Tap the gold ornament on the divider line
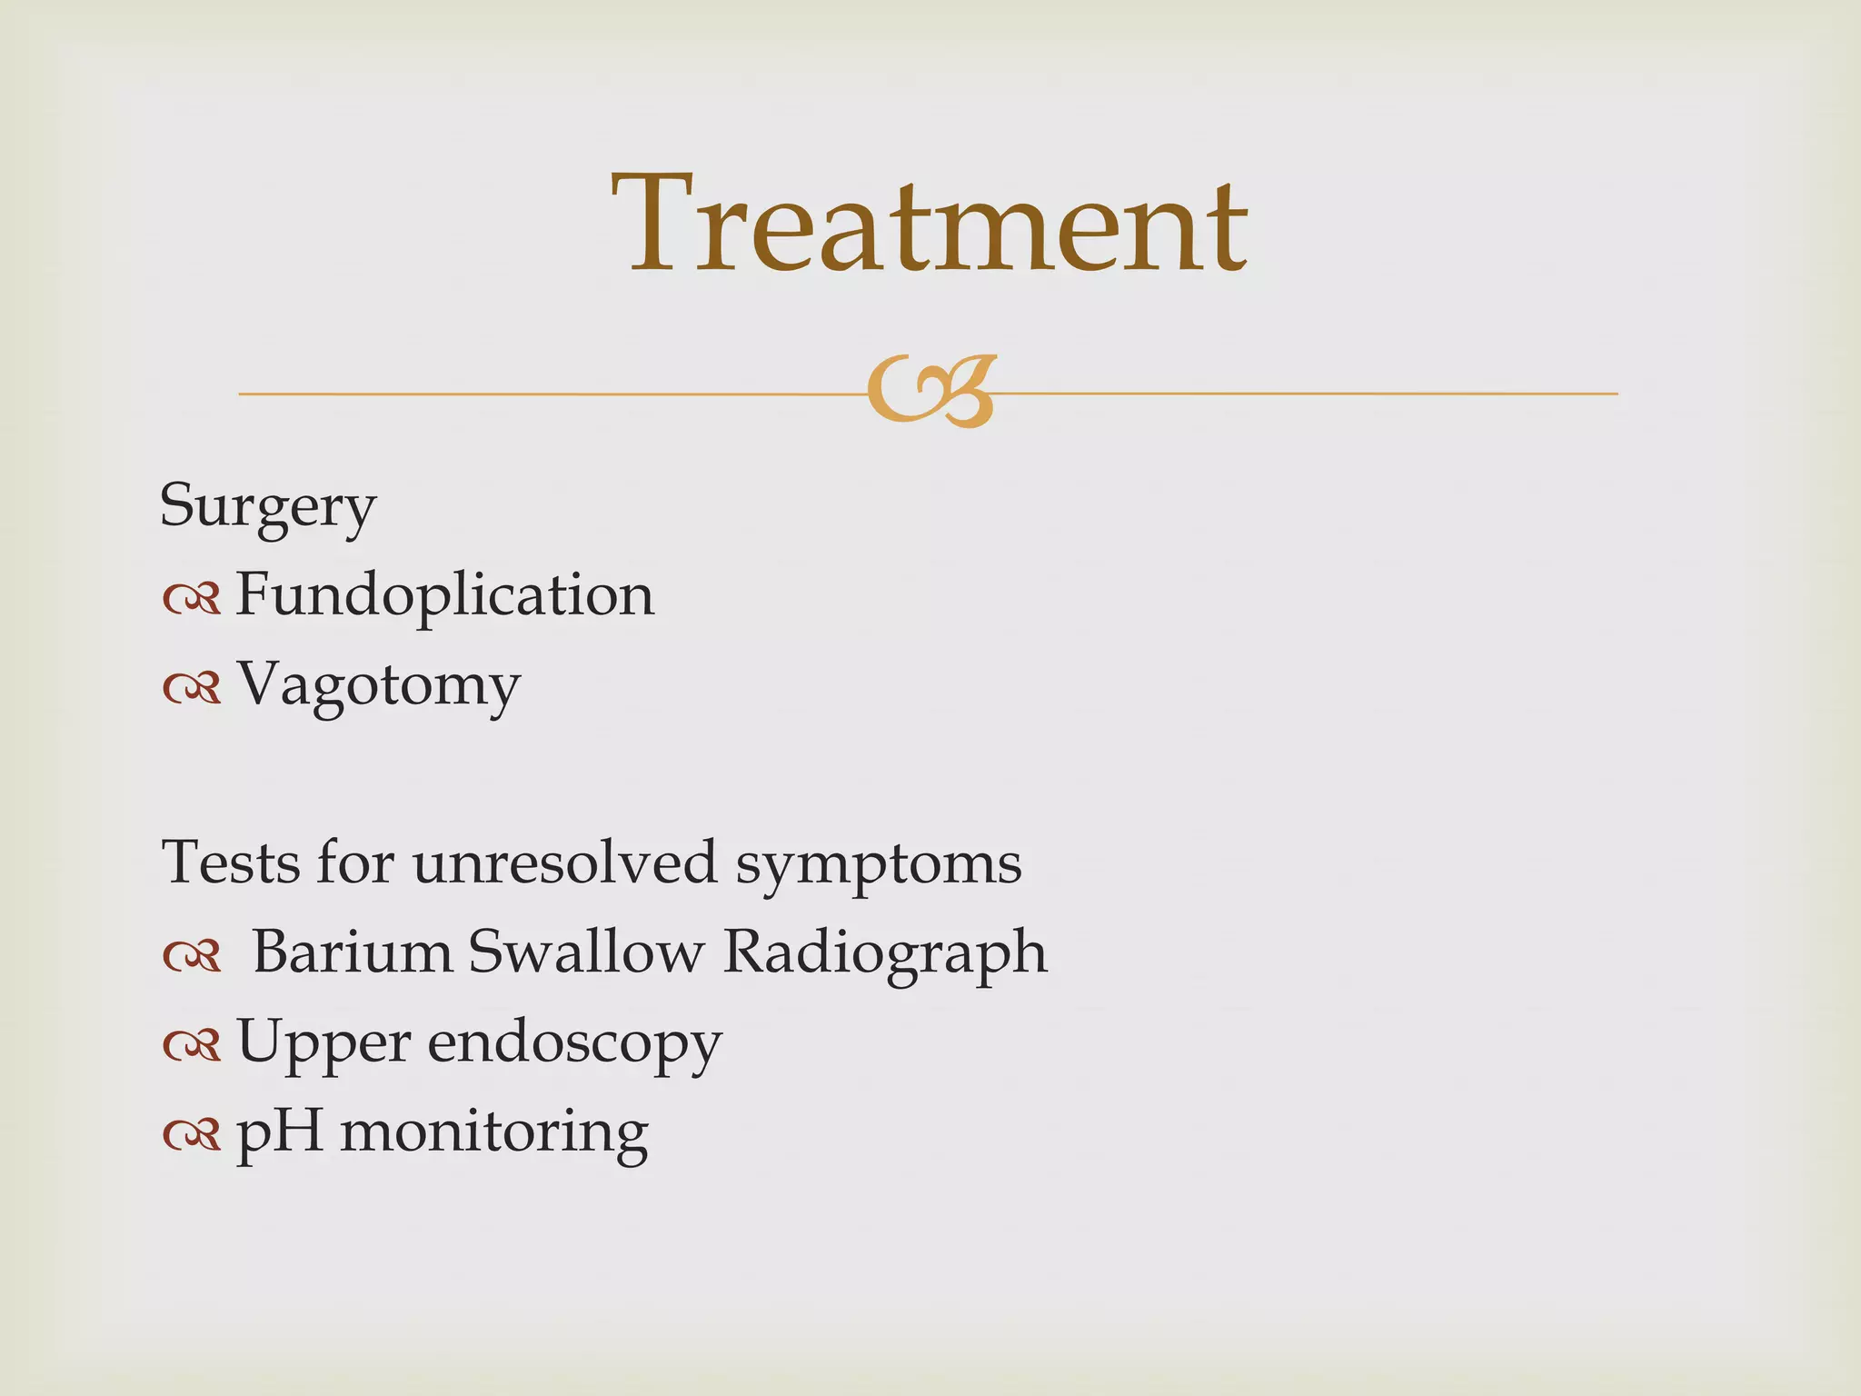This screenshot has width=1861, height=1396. click(x=930, y=391)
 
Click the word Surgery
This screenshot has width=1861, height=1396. click(x=267, y=506)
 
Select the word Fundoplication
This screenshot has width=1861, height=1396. click(x=444, y=595)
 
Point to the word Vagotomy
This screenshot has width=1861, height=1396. click(x=378, y=685)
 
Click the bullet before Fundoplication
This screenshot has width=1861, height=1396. click(x=192, y=598)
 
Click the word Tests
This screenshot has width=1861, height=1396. click(x=230, y=862)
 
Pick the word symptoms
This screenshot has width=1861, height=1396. click(x=878, y=864)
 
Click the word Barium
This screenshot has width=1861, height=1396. click(x=352, y=952)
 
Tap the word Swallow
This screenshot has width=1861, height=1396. click(x=586, y=952)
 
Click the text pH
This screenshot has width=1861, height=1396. click(x=280, y=1132)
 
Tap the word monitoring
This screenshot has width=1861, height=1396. click(x=494, y=1132)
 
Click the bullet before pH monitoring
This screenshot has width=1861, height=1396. click(x=192, y=1134)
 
